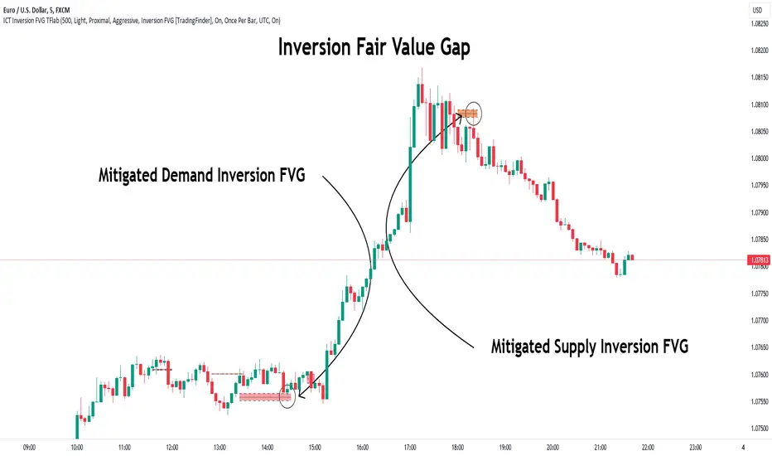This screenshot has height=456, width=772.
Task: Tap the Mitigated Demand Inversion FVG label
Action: pyautogui.click(x=201, y=176)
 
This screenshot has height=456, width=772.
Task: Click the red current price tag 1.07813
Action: pyautogui.click(x=758, y=260)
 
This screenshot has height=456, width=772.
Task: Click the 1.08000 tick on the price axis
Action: pyautogui.click(x=758, y=158)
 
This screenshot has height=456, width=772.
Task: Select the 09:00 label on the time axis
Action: pyautogui.click(x=30, y=447)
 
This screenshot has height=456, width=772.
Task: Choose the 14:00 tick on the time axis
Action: pyautogui.click(x=268, y=447)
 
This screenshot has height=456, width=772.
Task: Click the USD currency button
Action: pyautogui.click(x=757, y=10)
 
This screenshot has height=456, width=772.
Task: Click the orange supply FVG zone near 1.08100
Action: pyautogui.click(x=468, y=113)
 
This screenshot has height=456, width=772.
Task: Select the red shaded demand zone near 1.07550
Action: pyautogui.click(x=265, y=397)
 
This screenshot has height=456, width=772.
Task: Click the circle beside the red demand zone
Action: pyautogui.click(x=288, y=395)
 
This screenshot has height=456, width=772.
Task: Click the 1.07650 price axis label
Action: pyautogui.click(x=758, y=347)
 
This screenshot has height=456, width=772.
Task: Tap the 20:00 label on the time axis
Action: pyautogui.click(x=553, y=447)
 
